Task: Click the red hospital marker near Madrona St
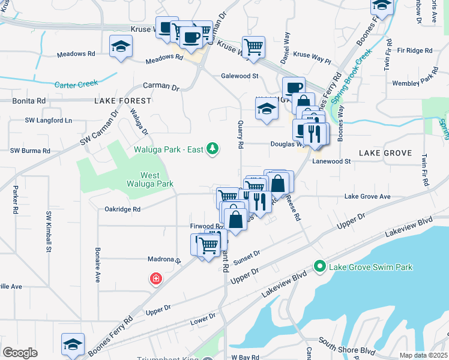click(156, 279)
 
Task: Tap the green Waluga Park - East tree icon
click(211, 148)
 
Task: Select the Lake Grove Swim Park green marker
click(319, 266)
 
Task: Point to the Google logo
click(20, 353)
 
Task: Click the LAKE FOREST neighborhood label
click(122, 102)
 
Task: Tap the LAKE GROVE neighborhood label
click(385, 153)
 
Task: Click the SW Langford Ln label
click(48, 121)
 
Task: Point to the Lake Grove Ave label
click(367, 196)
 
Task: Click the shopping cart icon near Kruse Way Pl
click(253, 46)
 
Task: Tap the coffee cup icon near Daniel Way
click(293, 88)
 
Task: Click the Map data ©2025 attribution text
click(423, 355)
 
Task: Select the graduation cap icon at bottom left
click(72, 344)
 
